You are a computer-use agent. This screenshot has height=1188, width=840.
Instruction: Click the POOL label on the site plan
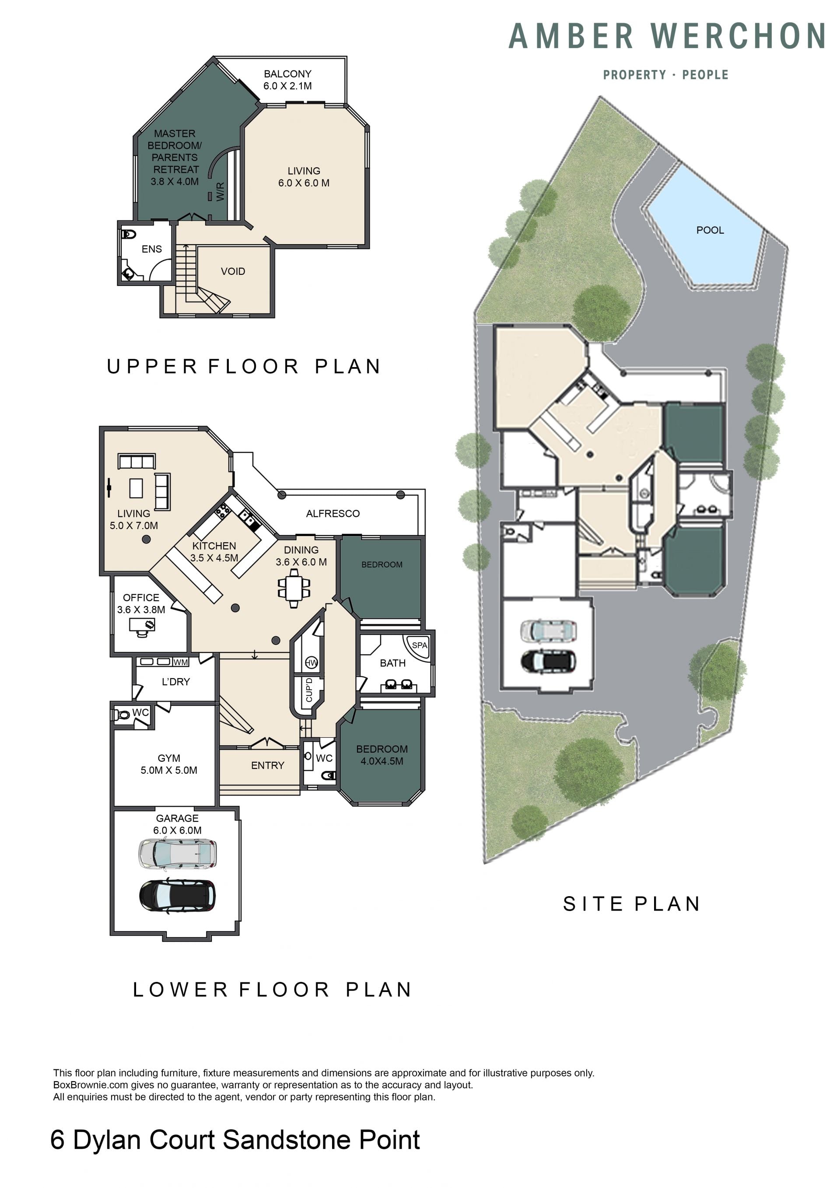click(x=710, y=230)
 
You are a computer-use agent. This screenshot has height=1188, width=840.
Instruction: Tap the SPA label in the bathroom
click(x=420, y=645)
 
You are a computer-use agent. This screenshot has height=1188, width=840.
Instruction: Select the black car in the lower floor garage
click(x=178, y=896)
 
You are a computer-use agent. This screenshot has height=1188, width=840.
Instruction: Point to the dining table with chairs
click(x=294, y=588)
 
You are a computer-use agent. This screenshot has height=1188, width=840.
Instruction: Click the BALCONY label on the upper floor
click(x=287, y=74)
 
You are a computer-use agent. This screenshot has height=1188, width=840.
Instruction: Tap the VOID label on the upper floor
click(x=233, y=272)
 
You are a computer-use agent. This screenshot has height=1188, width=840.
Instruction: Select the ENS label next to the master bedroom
click(x=151, y=249)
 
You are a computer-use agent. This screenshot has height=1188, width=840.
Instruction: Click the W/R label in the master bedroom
click(x=221, y=192)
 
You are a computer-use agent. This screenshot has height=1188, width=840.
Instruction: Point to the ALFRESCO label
click(x=332, y=514)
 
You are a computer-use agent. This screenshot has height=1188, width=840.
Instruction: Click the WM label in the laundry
click(x=181, y=662)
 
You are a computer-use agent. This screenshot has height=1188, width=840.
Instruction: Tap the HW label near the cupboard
click(x=311, y=663)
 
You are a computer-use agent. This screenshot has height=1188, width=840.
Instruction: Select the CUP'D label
click(x=309, y=690)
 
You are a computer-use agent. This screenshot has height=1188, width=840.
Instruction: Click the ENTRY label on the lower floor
click(x=267, y=766)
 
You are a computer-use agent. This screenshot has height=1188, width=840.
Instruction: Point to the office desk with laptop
click(x=142, y=627)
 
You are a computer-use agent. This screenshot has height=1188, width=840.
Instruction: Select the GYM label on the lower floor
click(x=169, y=759)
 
